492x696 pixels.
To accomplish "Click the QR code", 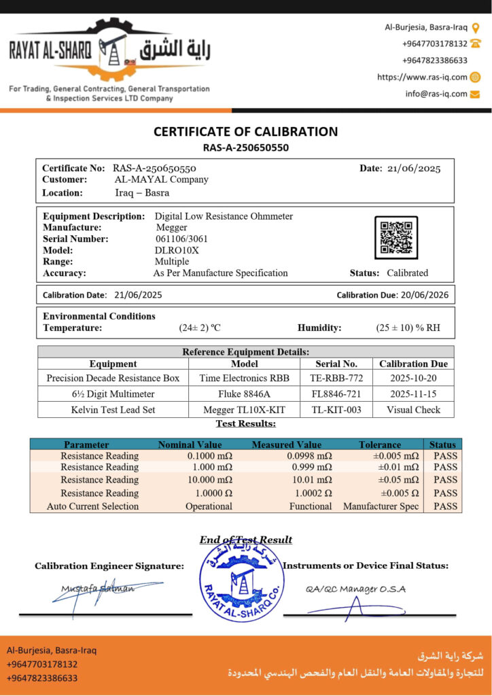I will click(396, 237).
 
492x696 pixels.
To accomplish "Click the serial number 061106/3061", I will click(181, 239).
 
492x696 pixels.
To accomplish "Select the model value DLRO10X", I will click(177, 250).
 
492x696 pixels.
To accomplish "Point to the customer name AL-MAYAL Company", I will click(161, 179).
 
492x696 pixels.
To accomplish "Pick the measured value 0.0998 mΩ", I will click(309, 455).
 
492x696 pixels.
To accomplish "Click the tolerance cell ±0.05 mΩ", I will click(399, 480).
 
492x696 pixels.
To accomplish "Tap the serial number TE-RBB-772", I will click(336, 378).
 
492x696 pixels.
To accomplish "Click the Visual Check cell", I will click(413, 410).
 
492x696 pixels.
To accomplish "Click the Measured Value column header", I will click(286, 445).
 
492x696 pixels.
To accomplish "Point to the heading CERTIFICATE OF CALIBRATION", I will click(245, 131).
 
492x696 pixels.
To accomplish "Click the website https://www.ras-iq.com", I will click(422, 77).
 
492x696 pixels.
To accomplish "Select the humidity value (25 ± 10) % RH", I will click(408, 328).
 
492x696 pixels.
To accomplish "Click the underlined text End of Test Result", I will click(245, 540).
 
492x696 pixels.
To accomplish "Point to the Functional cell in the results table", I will click(311, 506).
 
